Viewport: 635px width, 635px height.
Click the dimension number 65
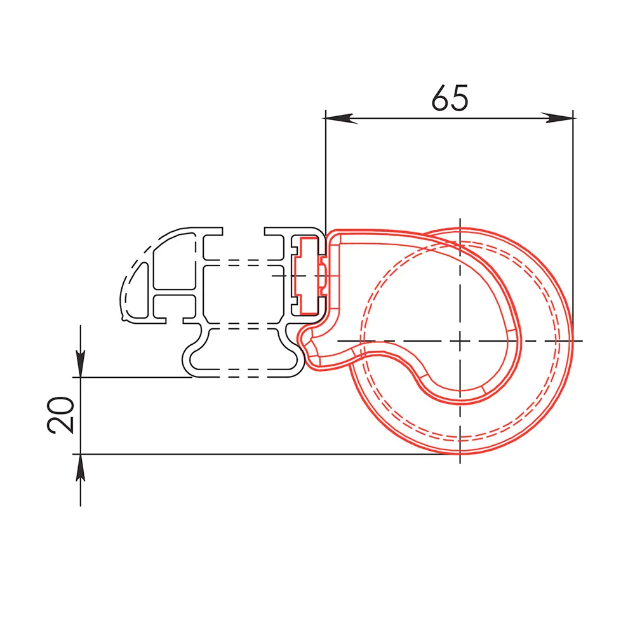450,98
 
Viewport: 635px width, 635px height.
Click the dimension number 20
61,415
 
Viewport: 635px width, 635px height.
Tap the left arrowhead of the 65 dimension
340,118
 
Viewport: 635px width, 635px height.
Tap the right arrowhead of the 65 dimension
558,118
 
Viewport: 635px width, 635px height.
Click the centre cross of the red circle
460,341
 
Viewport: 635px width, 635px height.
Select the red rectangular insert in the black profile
309,276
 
